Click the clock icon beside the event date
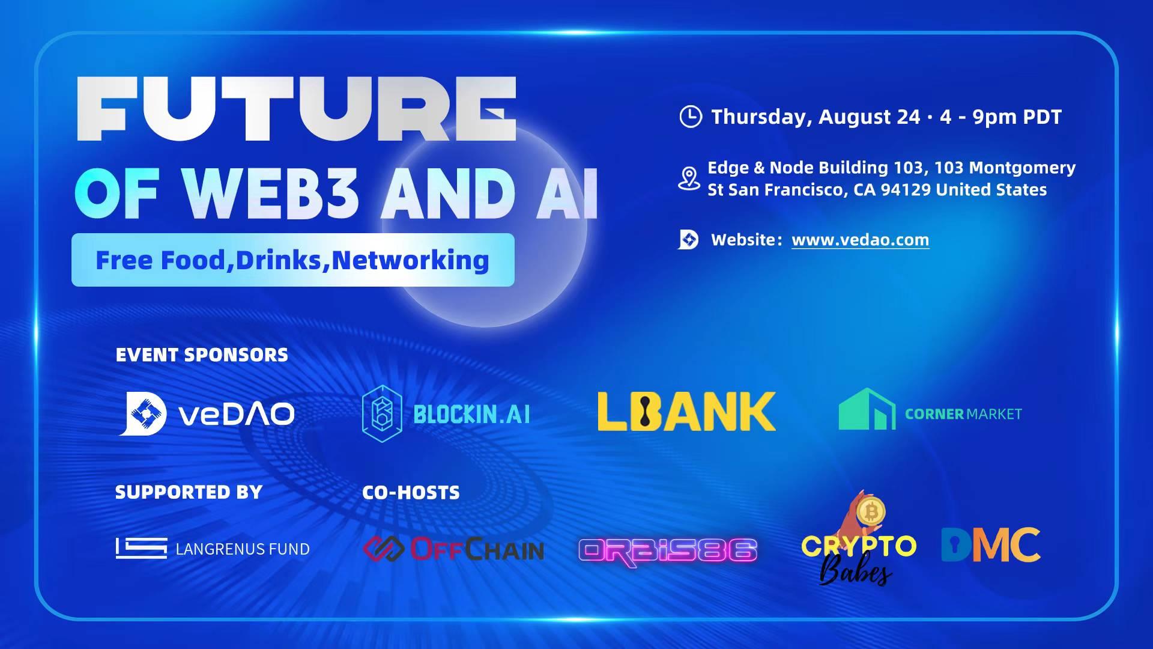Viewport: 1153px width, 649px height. pyautogui.click(x=690, y=117)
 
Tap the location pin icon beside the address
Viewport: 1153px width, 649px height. pyautogui.click(x=689, y=178)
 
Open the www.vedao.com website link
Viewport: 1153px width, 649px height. pyautogui.click(x=860, y=240)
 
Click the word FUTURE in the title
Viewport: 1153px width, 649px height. pyautogui.click(x=297, y=109)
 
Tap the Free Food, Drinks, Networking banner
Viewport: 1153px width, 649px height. pyautogui.click(x=292, y=260)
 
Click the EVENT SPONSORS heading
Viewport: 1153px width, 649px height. pyautogui.click(x=202, y=355)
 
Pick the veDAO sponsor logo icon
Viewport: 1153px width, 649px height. pyautogui.click(x=142, y=413)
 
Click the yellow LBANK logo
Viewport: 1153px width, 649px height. pyautogui.click(x=686, y=412)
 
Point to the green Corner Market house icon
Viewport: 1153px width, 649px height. pyautogui.click(x=867, y=409)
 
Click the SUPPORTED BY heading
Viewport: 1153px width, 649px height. pyautogui.click(x=189, y=492)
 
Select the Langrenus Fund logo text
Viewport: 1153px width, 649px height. pyautogui.click(x=243, y=549)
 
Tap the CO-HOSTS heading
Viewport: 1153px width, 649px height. pyautogui.click(x=411, y=493)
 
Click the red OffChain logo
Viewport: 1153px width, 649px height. pyautogui.click(x=454, y=549)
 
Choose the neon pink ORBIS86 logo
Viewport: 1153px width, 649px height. pyautogui.click(x=668, y=550)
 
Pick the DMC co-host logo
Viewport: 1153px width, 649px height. pyautogui.click(x=990, y=544)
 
